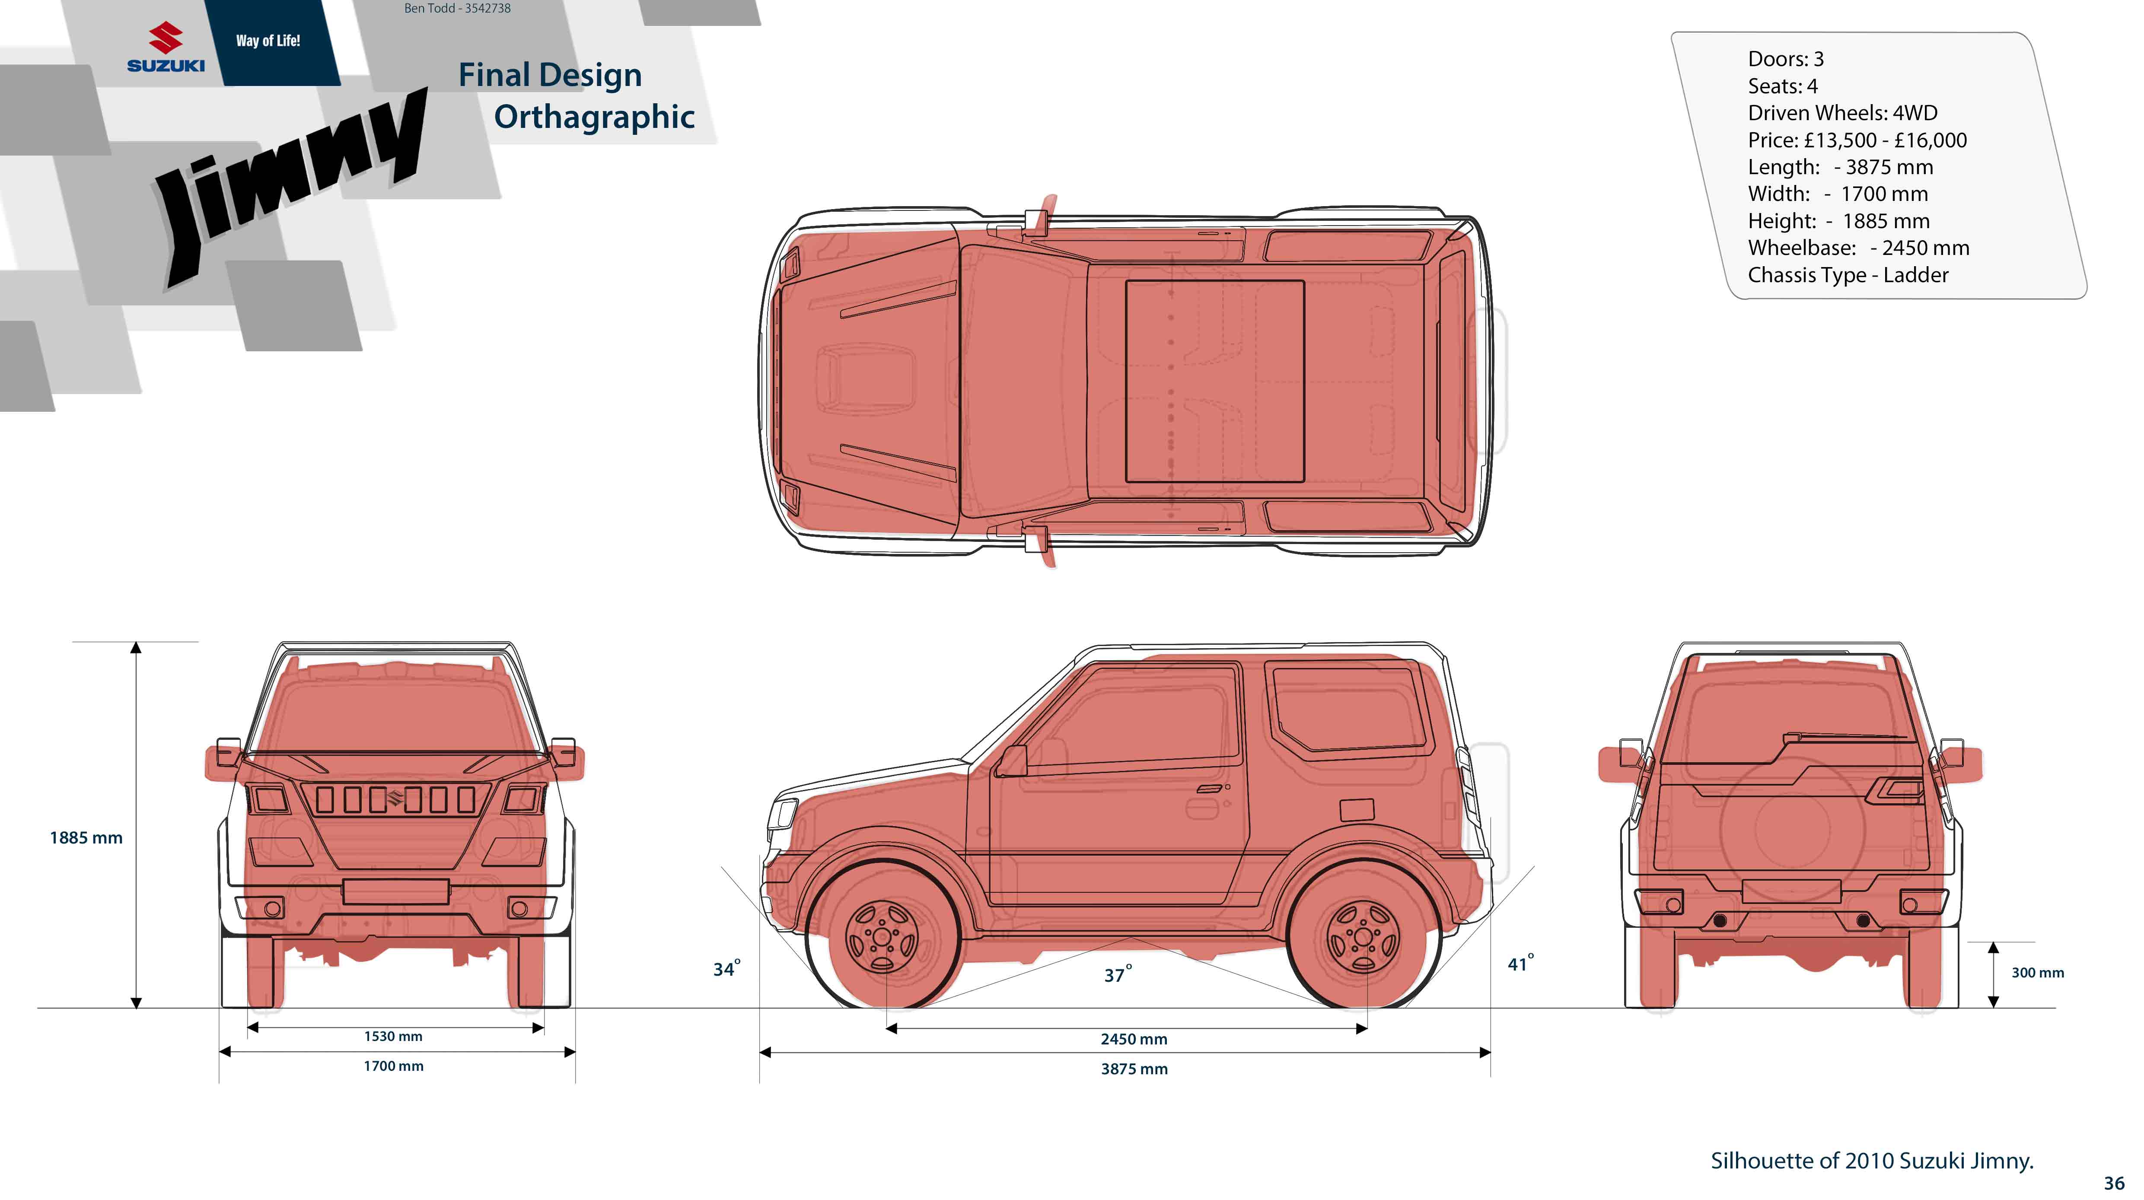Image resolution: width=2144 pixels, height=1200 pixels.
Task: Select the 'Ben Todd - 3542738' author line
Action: click(x=457, y=8)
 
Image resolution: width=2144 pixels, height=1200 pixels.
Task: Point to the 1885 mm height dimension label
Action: click(x=86, y=838)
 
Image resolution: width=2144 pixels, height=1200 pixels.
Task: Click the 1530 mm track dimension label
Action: click(x=393, y=1036)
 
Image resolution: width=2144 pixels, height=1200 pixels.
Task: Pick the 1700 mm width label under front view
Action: click(x=393, y=1066)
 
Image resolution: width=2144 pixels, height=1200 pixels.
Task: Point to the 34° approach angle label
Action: click(x=726, y=969)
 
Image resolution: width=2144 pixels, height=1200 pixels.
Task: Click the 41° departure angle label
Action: click(x=1520, y=964)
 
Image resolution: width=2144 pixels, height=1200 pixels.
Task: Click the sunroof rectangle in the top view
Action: click(x=1214, y=381)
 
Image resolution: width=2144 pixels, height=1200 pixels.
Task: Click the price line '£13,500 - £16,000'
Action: click(x=1857, y=140)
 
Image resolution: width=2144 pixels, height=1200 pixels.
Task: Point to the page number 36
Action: click(x=2113, y=1183)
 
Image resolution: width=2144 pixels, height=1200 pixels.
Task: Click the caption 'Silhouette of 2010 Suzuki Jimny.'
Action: click(x=1871, y=1161)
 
